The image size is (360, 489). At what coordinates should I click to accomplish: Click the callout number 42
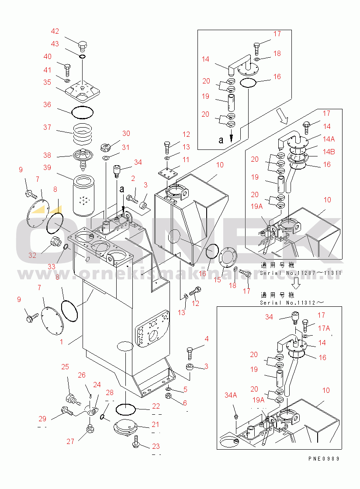[x=55, y=31]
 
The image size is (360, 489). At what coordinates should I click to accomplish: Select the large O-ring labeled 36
[x=82, y=112]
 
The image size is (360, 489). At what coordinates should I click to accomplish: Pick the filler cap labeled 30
[x=105, y=146]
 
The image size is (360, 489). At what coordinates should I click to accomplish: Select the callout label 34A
[x=231, y=395]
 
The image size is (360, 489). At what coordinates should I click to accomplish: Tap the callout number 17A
[x=324, y=328]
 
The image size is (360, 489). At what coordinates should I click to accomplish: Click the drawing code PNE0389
[x=323, y=458]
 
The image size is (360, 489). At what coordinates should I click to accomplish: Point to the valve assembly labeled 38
[x=82, y=156]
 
